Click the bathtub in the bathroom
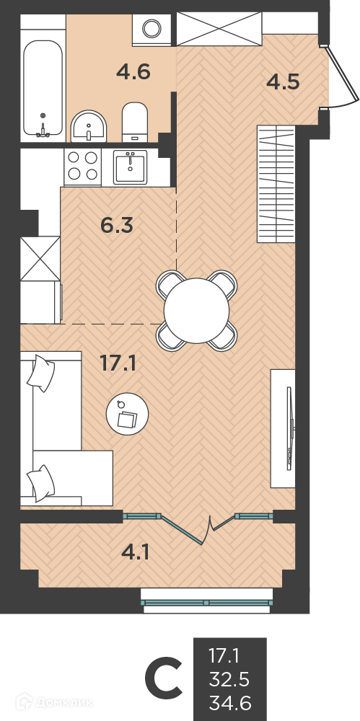pyautogui.click(x=43, y=89)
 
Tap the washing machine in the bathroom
pyautogui.click(x=152, y=30)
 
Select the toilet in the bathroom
pyautogui.click(x=135, y=122)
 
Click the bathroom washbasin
pyautogui.click(x=89, y=126)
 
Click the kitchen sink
pyautogui.click(x=131, y=167)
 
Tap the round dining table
pyautogui.click(x=196, y=310)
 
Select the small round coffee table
pyautogui.click(x=128, y=414)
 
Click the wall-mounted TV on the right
pyautogui.click(x=289, y=428)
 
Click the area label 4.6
pyautogui.click(x=133, y=73)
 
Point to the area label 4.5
pyautogui.click(x=284, y=82)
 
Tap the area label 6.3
pyautogui.click(x=117, y=225)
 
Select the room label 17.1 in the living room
pyautogui.click(x=118, y=363)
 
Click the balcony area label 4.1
pyautogui.click(x=136, y=552)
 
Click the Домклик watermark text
pyautogui.click(x=61, y=702)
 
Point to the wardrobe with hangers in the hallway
pyautogui.click(x=276, y=184)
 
